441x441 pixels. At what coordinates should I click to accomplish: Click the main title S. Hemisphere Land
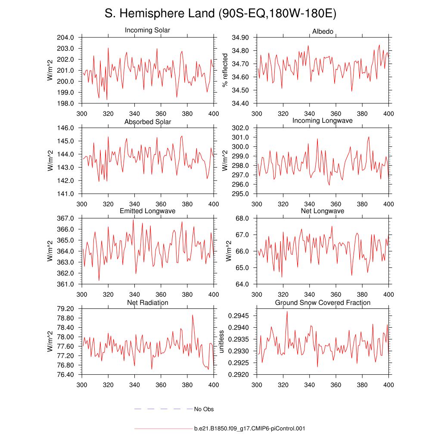(x=220, y=14)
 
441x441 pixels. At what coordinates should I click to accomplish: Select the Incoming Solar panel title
(x=147, y=31)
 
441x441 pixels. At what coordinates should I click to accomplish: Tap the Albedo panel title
(x=323, y=31)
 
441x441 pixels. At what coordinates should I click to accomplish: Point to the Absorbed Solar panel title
(x=147, y=122)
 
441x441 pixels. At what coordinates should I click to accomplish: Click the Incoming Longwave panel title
(x=323, y=121)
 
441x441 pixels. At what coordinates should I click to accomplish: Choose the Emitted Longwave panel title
(x=147, y=211)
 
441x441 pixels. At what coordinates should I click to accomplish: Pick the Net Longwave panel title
(x=323, y=211)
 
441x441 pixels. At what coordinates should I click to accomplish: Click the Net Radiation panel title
(x=147, y=303)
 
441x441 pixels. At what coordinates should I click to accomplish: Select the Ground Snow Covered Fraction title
(x=323, y=303)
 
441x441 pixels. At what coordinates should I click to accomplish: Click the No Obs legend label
(x=204, y=409)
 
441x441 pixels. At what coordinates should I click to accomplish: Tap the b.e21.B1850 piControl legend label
(x=249, y=429)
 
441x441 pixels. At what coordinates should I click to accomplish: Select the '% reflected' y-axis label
(x=224, y=70)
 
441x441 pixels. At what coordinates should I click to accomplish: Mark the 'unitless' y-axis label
(x=221, y=342)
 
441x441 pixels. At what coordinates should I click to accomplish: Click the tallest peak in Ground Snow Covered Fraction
(x=287, y=311)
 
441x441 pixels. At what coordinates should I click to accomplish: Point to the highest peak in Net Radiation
(x=192, y=315)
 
